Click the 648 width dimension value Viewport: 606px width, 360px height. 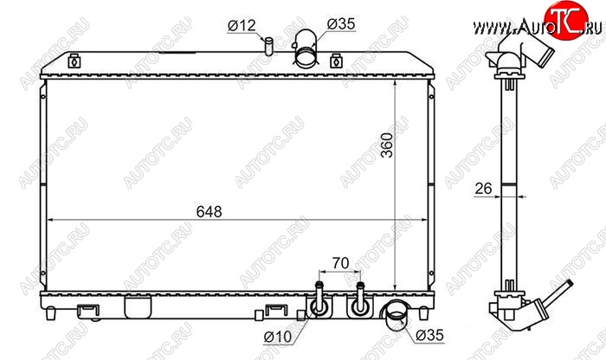(x=210, y=212)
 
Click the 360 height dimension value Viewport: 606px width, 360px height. (x=386, y=145)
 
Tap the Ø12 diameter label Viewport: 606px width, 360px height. (x=242, y=25)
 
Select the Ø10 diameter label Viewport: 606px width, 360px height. (x=278, y=337)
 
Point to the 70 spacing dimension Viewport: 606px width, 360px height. (x=340, y=263)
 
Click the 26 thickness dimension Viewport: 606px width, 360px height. (x=483, y=189)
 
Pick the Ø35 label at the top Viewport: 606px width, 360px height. (x=341, y=24)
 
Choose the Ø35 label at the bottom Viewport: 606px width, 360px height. (x=429, y=335)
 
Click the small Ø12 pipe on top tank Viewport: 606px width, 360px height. (x=268, y=46)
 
